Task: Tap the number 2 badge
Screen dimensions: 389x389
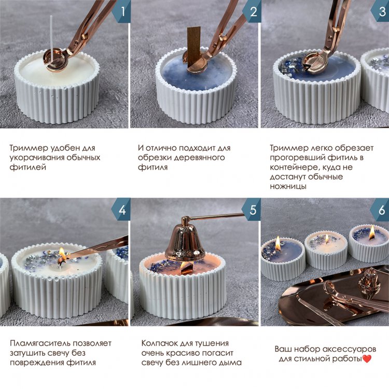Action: (252, 11)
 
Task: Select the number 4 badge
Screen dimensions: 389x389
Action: (121, 210)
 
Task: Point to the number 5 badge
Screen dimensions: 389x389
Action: (252, 210)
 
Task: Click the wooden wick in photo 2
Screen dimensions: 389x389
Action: (193, 46)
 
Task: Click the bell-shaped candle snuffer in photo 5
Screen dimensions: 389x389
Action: (185, 240)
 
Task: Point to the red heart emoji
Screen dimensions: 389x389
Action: (367, 359)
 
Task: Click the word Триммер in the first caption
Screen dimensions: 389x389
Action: (29, 148)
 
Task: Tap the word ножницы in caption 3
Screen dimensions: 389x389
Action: (288, 186)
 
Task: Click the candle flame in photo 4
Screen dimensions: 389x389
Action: (62, 254)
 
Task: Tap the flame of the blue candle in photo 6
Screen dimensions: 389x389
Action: (278, 242)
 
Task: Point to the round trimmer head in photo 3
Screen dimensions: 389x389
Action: (315, 64)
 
